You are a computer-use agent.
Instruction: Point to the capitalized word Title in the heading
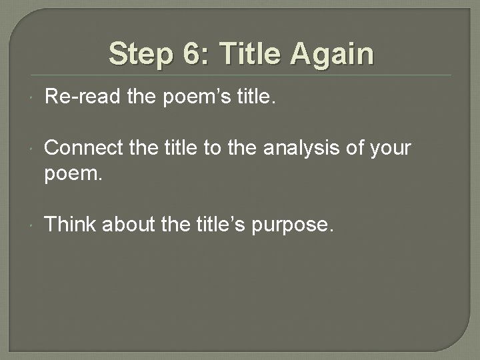pyautogui.click(x=248, y=54)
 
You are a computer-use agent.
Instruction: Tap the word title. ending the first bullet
pyautogui.click(x=253, y=99)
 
